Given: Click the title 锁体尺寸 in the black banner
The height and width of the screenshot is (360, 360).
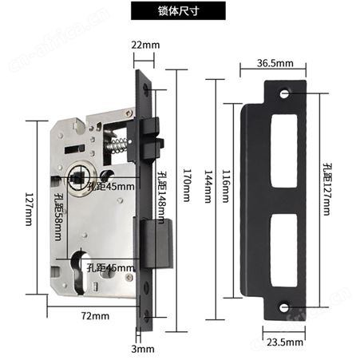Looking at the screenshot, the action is click(178, 11).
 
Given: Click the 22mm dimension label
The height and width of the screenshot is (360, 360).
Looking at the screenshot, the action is click(145, 45).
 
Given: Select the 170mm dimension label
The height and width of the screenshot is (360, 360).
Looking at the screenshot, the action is click(187, 185).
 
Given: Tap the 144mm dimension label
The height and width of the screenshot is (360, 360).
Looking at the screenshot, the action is click(208, 186).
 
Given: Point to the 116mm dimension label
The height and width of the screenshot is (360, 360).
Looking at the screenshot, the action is click(226, 186).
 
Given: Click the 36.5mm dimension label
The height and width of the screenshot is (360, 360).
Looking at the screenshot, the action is click(275, 63).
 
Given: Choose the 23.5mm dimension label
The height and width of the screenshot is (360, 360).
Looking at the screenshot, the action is click(285, 342).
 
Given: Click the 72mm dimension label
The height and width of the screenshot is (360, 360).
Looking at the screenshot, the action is click(95, 316).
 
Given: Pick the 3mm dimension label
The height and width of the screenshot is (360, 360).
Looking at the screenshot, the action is click(143, 349).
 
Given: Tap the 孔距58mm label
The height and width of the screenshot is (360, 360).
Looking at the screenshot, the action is click(58, 216).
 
